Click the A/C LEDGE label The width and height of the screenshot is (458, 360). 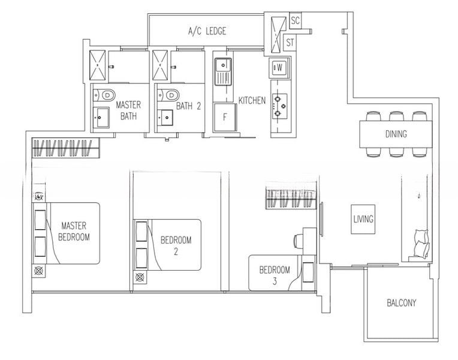(x=207, y=31)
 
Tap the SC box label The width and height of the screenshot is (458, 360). (x=296, y=20)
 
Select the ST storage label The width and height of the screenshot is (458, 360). (x=290, y=43)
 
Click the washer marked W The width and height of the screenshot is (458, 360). (x=279, y=68)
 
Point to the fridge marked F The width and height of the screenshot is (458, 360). (x=225, y=117)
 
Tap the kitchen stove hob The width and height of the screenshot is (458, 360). (x=280, y=106)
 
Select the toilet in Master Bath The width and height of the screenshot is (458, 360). (x=104, y=95)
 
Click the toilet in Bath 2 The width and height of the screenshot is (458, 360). (x=168, y=95)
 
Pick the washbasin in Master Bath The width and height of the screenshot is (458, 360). (x=101, y=118)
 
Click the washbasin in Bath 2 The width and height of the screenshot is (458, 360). (x=165, y=118)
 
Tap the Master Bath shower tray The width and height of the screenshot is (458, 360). (x=97, y=65)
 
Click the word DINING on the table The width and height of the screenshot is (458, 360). (x=396, y=134)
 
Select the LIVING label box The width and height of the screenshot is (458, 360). (x=363, y=219)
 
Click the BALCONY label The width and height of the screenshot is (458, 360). (x=401, y=302)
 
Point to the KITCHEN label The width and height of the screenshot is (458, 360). (x=252, y=101)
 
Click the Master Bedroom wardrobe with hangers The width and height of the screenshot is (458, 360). (x=66, y=148)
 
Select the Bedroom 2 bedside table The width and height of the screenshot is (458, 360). (x=140, y=277)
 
